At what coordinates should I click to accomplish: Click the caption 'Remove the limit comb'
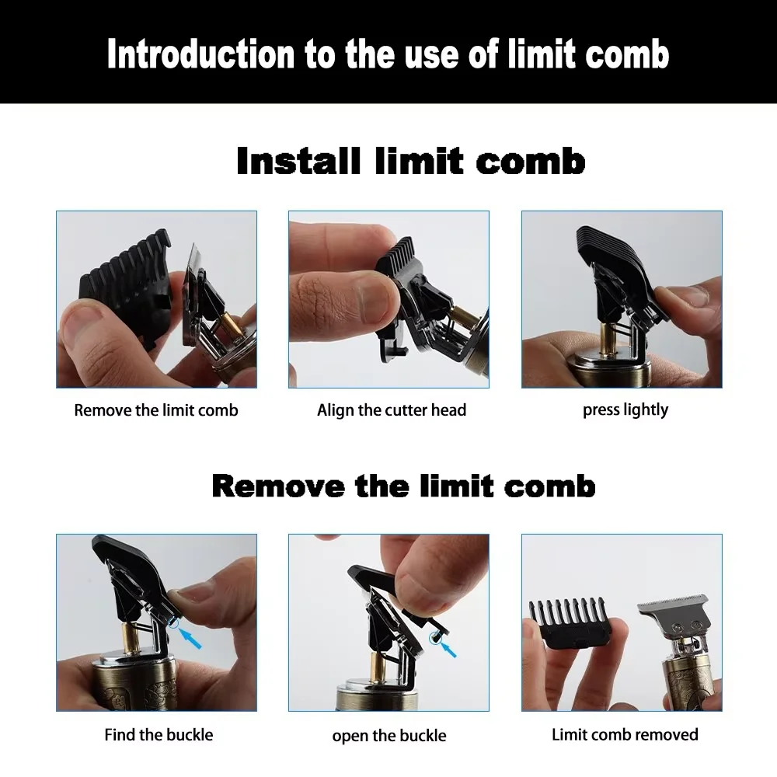pyautogui.click(x=156, y=410)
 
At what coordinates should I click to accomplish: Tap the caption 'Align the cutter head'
pyautogui.click(x=391, y=410)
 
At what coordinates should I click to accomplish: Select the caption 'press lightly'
pyautogui.click(x=625, y=409)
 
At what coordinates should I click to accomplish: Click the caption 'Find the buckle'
pyautogui.click(x=159, y=733)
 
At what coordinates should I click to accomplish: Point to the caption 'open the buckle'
pyautogui.click(x=389, y=735)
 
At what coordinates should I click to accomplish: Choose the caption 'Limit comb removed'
pyautogui.click(x=625, y=733)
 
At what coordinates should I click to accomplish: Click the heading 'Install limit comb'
pyautogui.click(x=410, y=162)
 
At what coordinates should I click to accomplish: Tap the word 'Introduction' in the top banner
pyautogui.click(x=200, y=55)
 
